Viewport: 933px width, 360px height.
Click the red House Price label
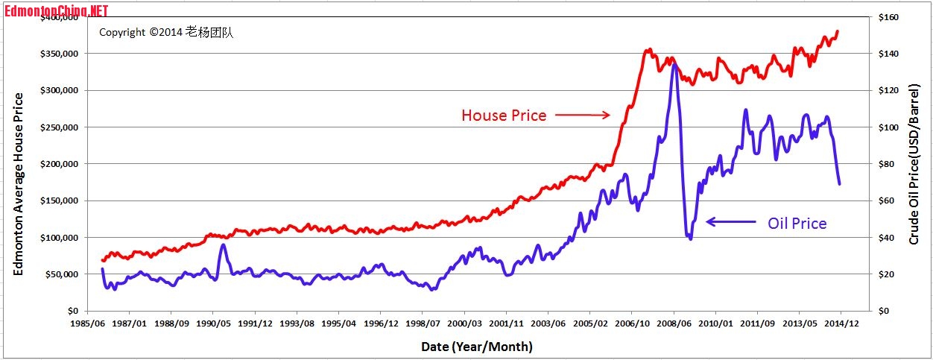pos(504,116)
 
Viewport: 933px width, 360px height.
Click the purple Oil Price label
pos(797,223)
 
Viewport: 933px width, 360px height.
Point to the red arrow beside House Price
pos(582,115)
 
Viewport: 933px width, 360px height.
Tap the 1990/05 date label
pos(212,325)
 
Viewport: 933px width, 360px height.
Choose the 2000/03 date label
pos(464,325)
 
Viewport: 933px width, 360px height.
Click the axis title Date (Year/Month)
pos(476,347)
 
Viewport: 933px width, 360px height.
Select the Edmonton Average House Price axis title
pos(19,183)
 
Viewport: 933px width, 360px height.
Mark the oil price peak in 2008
pos(674,65)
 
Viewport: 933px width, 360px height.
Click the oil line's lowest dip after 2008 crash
pos(690,238)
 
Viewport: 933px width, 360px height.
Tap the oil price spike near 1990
pos(223,245)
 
